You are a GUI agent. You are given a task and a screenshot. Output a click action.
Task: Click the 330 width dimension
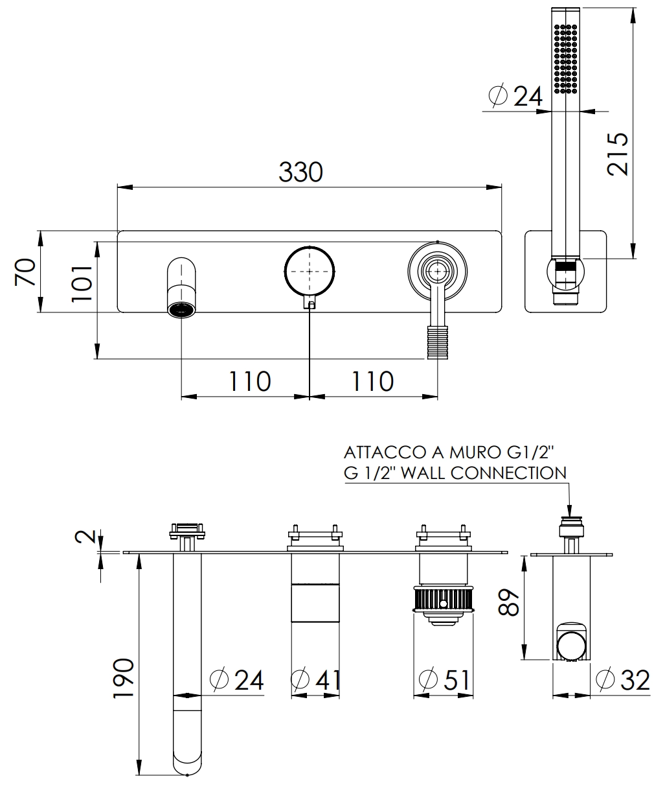300,172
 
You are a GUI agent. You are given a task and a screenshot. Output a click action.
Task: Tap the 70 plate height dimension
25,272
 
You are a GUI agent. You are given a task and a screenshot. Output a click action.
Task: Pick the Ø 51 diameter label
445,679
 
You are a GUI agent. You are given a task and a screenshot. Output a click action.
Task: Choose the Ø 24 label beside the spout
238,679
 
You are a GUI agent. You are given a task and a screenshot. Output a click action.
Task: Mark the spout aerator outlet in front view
181,309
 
